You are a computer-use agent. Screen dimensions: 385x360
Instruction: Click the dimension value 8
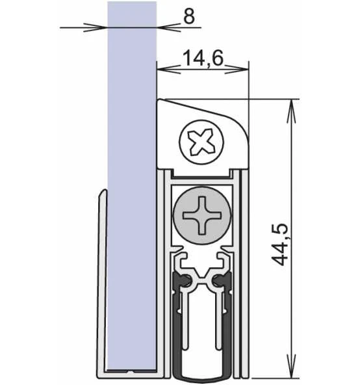(x=188, y=17)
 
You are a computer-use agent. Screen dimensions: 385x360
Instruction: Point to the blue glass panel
(x=133, y=163)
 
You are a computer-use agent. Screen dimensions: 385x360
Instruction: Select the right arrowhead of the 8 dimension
(x=162, y=27)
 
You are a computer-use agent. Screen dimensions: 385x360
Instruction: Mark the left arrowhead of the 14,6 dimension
(x=162, y=68)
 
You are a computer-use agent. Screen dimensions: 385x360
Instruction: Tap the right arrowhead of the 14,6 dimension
(x=244, y=68)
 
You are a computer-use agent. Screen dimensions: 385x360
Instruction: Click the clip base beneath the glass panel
(x=130, y=371)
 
